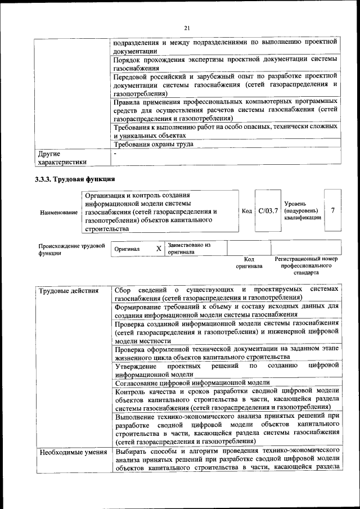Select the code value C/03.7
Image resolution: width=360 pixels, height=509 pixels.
(268, 210)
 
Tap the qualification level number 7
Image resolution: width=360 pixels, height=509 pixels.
(333, 210)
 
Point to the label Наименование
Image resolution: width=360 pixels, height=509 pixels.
(59, 213)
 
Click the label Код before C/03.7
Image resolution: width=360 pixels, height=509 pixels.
(246, 210)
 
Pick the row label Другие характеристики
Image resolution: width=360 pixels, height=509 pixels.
(62, 157)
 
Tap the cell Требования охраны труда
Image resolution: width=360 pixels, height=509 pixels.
(153, 144)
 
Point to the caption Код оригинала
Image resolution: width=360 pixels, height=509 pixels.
(249, 262)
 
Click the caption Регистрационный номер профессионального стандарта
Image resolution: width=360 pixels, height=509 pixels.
(307, 265)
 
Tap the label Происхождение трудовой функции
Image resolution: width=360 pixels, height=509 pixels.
(71, 249)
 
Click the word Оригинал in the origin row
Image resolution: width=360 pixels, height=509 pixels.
(127, 249)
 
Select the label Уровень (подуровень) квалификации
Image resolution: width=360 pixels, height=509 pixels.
(303, 210)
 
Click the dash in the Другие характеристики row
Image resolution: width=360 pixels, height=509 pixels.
(115, 153)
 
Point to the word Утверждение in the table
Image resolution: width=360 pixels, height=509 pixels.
(135, 366)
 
